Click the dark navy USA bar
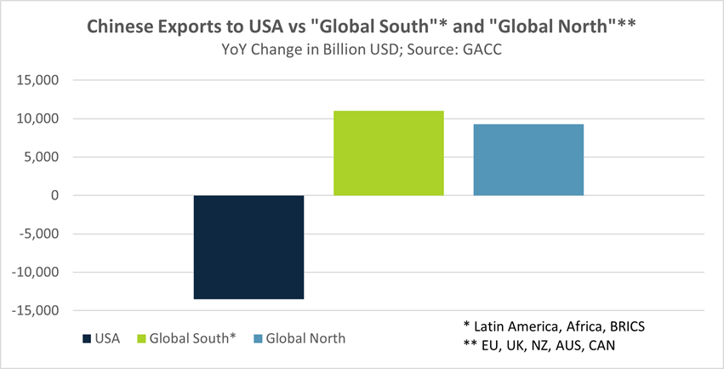[x=248, y=247]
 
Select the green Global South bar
[x=388, y=153]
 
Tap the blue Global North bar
[x=528, y=160]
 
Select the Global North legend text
[x=305, y=338]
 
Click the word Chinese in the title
[x=118, y=27]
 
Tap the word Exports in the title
[x=192, y=27]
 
